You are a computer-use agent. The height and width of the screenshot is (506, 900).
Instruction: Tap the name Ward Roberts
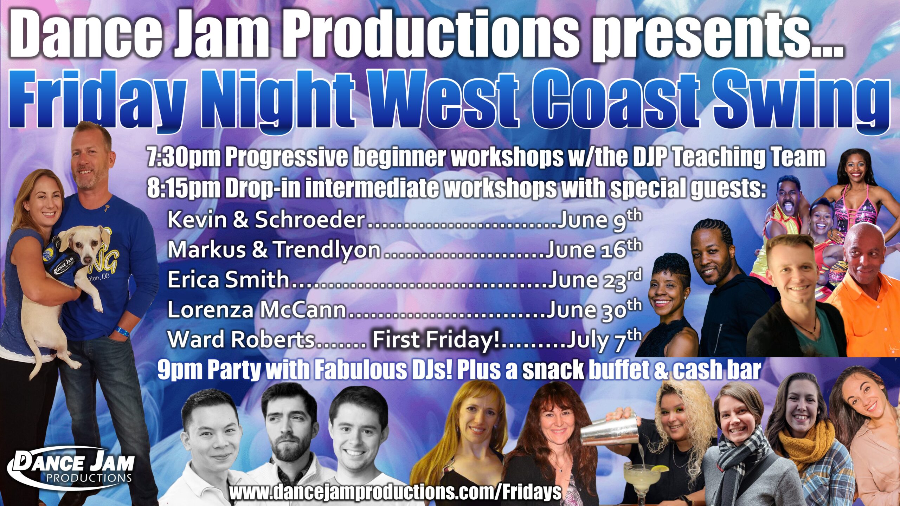click(x=241, y=339)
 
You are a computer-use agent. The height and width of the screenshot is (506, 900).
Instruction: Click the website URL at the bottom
click(x=395, y=493)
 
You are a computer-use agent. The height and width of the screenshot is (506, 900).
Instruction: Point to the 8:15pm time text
click(x=184, y=190)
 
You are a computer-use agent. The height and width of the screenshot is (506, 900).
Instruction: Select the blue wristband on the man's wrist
click(x=121, y=331)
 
